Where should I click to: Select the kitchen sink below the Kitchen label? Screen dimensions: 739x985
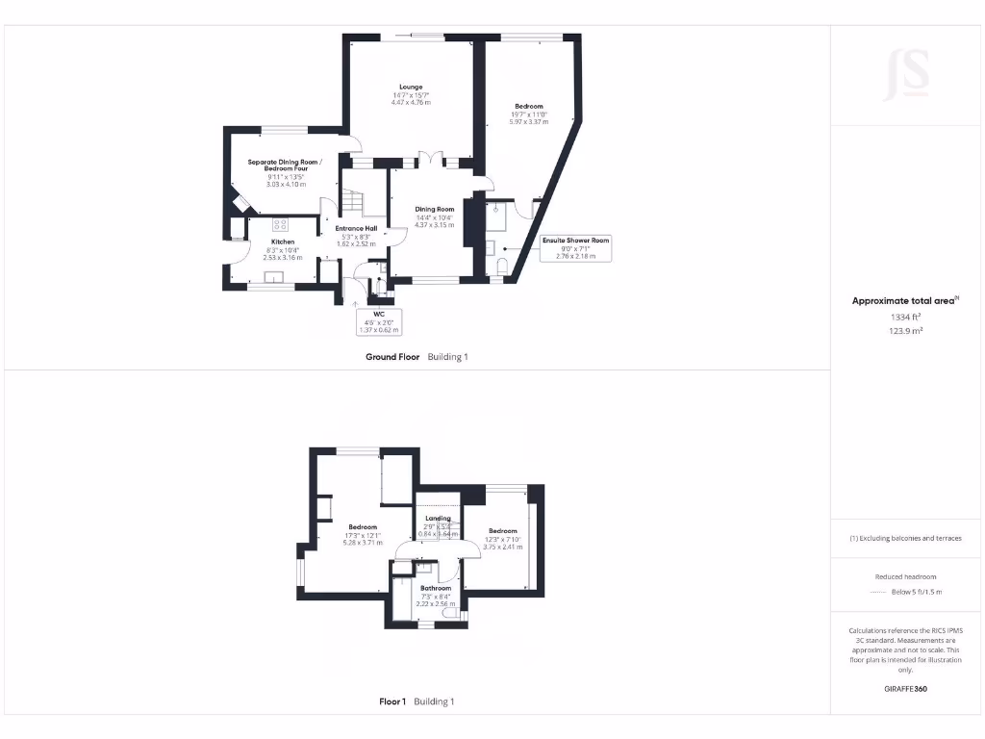pos(275,279)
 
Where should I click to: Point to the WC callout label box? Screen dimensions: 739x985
pos(378,321)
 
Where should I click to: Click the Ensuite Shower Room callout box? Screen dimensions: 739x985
pos(575,247)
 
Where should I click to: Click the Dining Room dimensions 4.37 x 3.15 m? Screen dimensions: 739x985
pos(434,225)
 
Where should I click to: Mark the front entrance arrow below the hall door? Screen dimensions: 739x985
pos(357,304)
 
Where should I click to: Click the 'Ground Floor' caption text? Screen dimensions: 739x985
pos(392,357)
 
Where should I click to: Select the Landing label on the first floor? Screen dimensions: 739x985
pos(438,519)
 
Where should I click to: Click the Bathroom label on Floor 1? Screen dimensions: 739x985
pos(436,588)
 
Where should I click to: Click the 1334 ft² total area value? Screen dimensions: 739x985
pos(904,317)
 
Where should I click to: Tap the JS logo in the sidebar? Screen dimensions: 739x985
pos(906,73)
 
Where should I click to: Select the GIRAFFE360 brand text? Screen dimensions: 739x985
pos(905,689)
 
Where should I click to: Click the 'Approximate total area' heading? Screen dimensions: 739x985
pos(902,301)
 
